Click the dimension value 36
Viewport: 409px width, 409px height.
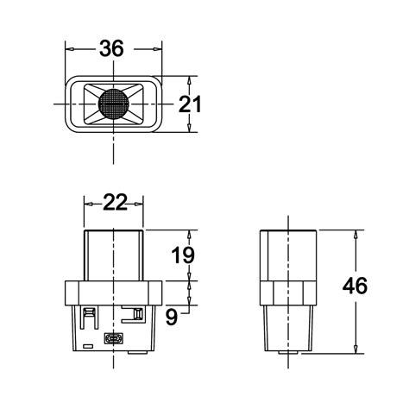click(x=111, y=49)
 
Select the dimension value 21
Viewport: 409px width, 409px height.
click(x=190, y=104)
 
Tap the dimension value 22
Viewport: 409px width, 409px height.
click(x=115, y=202)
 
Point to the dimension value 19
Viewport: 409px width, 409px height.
click(x=183, y=255)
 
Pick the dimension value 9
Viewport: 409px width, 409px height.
click(x=173, y=317)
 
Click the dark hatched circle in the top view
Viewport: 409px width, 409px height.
click(x=113, y=104)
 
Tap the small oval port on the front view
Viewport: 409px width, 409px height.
click(x=113, y=338)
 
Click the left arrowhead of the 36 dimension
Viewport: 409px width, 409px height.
click(x=71, y=49)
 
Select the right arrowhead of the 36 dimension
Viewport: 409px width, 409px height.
click(x=155, y=49)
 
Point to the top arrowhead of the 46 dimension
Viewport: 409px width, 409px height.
click(x=356, y=234)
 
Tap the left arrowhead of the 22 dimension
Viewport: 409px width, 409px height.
click(x=88, y=203)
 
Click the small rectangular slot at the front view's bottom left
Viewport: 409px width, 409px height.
click(x=88, y=345)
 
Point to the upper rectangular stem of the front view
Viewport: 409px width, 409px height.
click(x=113, y=255)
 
